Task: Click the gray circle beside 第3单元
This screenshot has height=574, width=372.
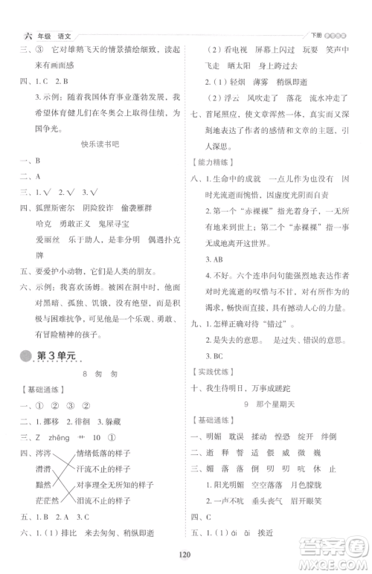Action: click(28, 358)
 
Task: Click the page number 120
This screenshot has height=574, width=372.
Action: click(186, 552)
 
